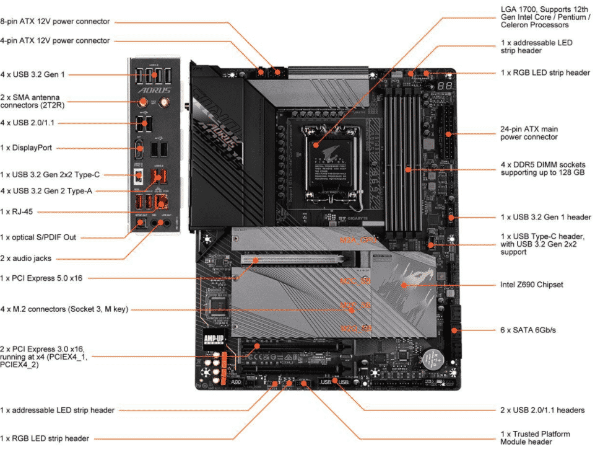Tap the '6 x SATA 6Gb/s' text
(x=528, y=330)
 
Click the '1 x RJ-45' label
(x=17, y=212)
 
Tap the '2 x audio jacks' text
(x=27, y=259)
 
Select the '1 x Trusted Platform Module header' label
(x=535, y=438)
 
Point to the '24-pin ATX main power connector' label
(x=529, y=133)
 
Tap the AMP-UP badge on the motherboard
(x=212, y=339)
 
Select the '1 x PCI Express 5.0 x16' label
(x=41, y=278)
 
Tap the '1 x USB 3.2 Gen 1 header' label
(x=545, y=218)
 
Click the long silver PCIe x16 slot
(x=291, y=259)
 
